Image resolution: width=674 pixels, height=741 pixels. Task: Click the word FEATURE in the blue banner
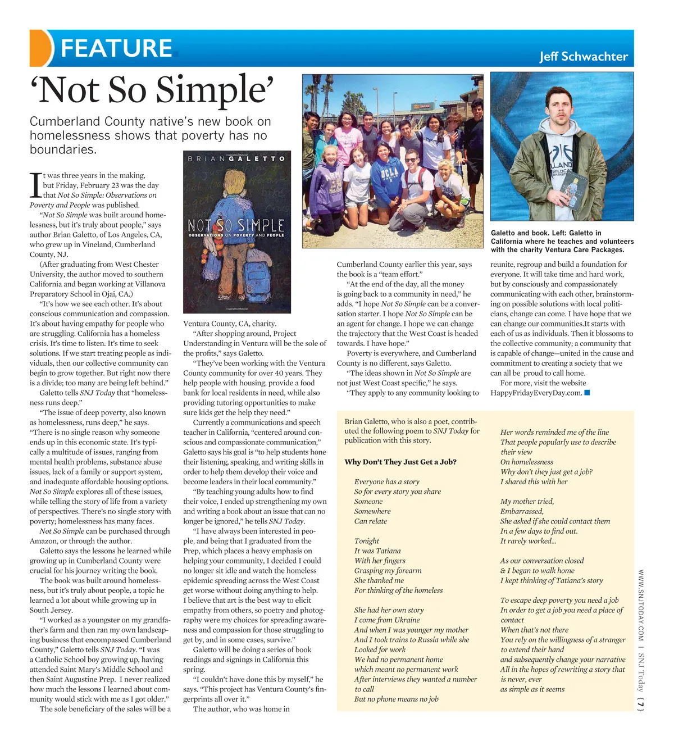[x=116, y=48]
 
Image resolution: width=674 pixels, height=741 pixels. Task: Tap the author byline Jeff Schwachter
[x=584, y=56]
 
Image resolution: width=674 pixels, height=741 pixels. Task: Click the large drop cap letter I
[x=35, y=185]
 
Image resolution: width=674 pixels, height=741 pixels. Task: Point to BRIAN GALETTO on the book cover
[x=236, y=159]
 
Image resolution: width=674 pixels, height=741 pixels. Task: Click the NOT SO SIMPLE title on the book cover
[x=236, y=225]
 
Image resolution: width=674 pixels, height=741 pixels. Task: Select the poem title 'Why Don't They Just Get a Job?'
[x=400, y=462]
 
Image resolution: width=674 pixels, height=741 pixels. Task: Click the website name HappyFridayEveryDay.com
[x=535, y=393]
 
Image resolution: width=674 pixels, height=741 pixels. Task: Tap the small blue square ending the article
[x=587, y=393]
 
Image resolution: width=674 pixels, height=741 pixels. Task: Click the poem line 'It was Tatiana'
[x=377, y=551]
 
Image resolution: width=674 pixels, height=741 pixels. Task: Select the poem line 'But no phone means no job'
[x=395, y=699]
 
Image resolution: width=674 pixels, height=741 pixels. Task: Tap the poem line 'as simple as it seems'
[x=532, y=689]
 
